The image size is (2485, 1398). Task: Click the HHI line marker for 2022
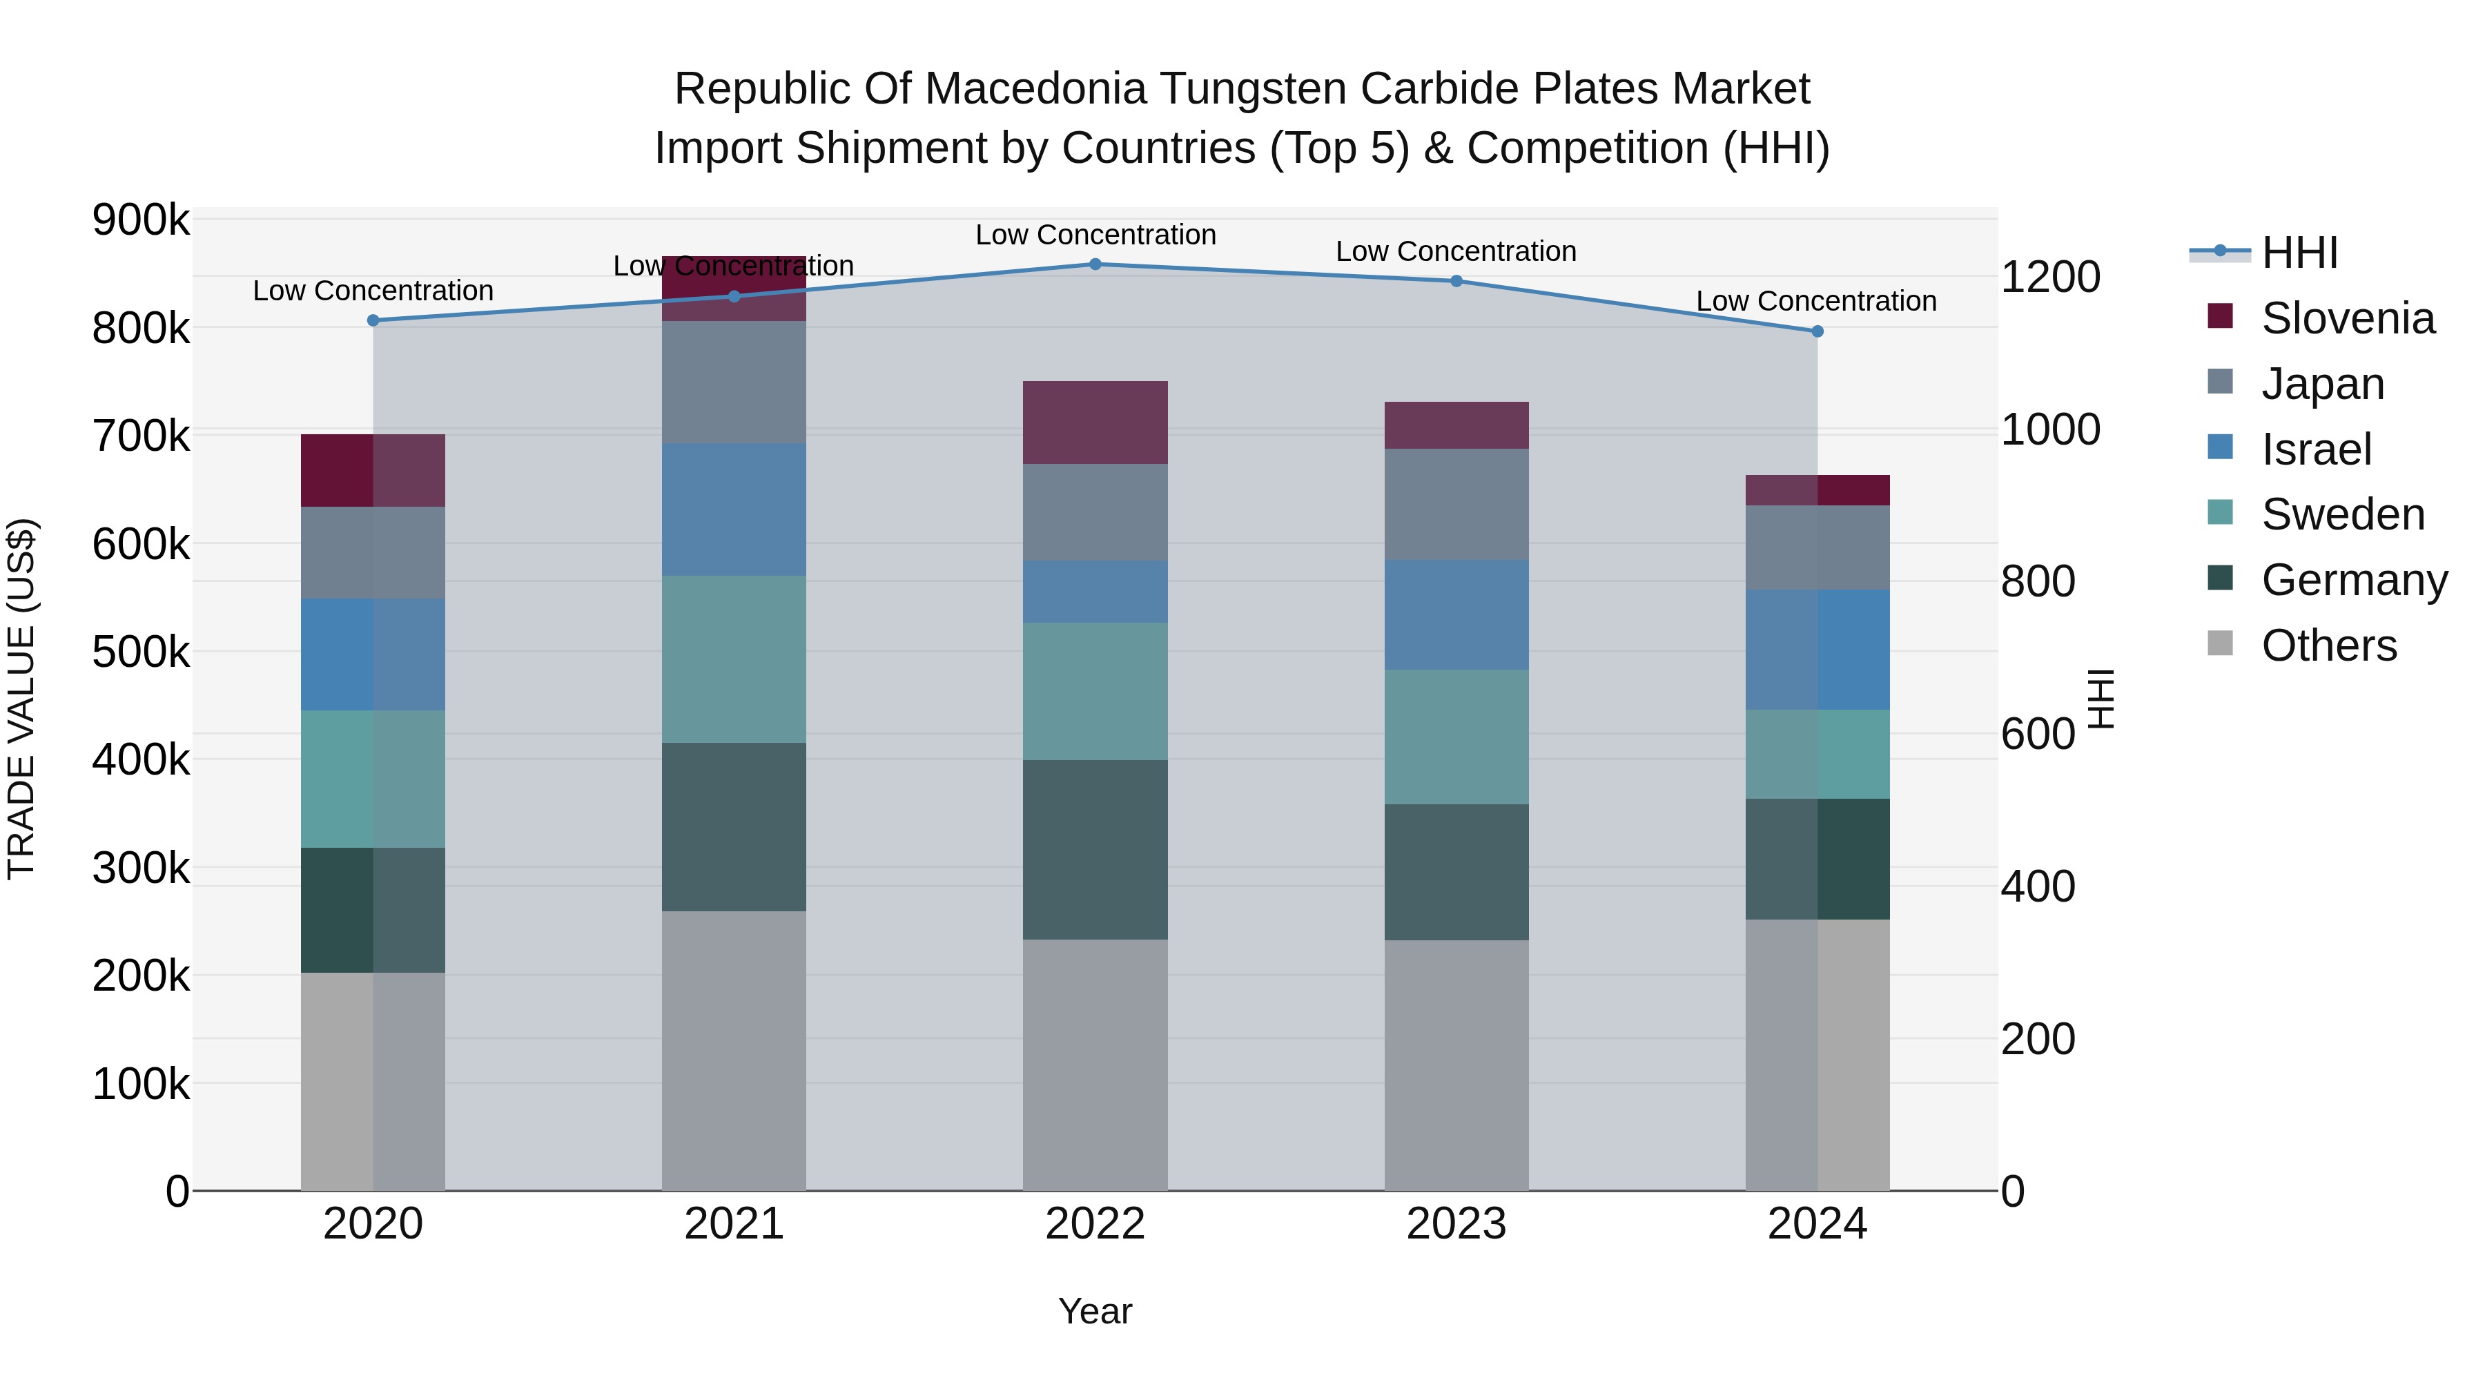[x=1095, y=264]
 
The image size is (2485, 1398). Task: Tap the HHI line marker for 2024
[x=1818, y=331]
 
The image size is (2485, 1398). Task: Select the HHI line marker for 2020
[x=373, y=320]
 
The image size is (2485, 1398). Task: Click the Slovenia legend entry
[x=2346, y=318]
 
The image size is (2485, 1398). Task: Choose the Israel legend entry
[x=2315, y=449]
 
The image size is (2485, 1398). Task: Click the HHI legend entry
[x=2299, y=253]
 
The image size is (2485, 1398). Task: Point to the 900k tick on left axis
[x=141, y=220]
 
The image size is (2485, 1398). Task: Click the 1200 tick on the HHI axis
[x=2050, y=277]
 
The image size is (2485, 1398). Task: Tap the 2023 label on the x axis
[x=1456, y=1224]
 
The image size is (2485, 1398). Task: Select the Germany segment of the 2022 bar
[x=1095, y=849]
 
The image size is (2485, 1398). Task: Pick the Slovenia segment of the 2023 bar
[x=1456, y=425]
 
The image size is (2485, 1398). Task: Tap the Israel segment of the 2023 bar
[x=1456, y=614]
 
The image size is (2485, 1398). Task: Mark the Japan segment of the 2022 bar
[x=1095, y=512]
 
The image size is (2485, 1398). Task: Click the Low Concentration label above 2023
[x=1456, y=252]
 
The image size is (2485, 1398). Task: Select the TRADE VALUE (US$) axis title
[x=21, y=699]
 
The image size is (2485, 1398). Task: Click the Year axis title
[x=1095, y=1311]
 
